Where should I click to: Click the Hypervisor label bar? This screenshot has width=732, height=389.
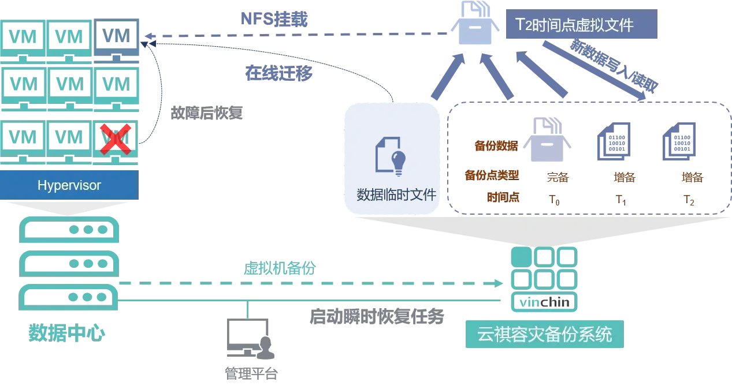click(69, 186)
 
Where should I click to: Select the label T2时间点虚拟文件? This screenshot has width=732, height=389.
click(582, 25)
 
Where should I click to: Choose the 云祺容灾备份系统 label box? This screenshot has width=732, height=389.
click(543, 335)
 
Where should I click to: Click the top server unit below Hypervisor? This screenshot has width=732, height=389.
click(69, 230)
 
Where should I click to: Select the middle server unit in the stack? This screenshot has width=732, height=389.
click(69, 263)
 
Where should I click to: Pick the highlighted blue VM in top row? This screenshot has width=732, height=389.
click(117, 37)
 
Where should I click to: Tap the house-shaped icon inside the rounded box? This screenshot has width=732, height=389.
click(546, 139)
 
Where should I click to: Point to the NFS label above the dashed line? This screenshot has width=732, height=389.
click(275, 19)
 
